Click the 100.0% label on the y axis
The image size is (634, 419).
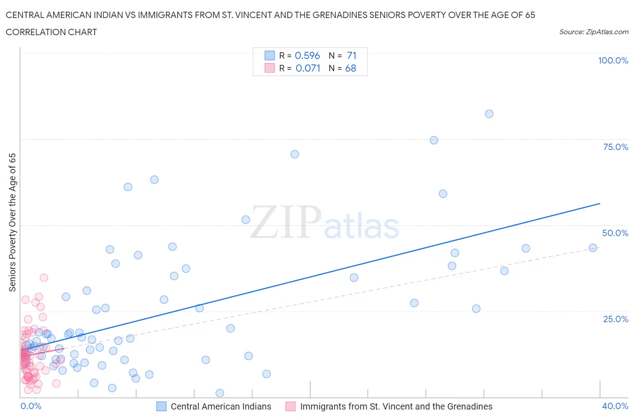coord(613,60)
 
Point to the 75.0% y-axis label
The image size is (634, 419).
coord(616,147)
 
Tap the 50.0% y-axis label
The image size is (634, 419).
coord(615,233)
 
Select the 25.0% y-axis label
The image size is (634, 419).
coord(616,319)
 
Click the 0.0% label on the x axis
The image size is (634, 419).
coord(31,406)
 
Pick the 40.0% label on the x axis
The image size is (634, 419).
coord(615,406)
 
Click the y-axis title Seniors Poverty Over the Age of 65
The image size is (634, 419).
coord(12,222)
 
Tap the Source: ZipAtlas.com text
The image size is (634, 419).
coord(593,32)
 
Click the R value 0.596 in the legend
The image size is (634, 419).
coord(307,55)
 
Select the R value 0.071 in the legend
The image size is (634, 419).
coord(308,68)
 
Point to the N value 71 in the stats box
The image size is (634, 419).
coord(352,55)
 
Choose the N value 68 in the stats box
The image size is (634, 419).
coord(350,68)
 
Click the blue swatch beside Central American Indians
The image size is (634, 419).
coord(161,406)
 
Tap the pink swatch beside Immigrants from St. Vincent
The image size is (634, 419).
coord(291,406)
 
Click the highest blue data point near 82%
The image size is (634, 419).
coord(489,114)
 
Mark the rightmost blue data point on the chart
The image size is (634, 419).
coord(593,248)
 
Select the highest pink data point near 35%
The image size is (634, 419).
coord(44,278)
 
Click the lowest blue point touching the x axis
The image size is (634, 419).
coord(220,393)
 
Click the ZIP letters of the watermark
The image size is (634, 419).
coord(286,222)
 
